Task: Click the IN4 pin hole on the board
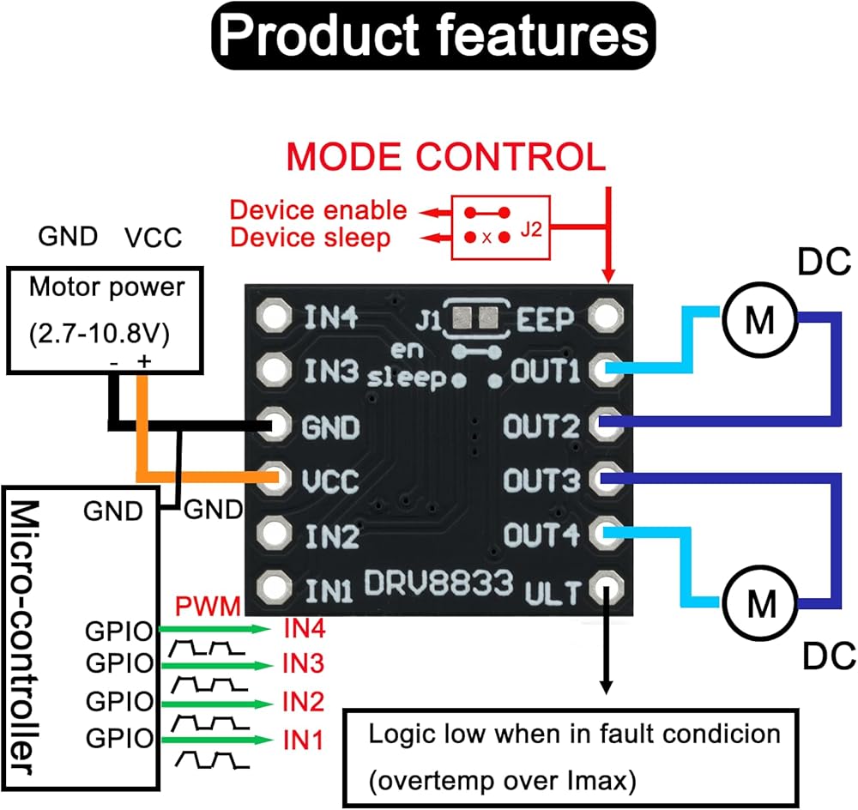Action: point(275,317)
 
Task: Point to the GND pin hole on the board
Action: point(275,426)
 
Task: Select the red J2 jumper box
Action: point(502,224)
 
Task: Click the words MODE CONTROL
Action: point(446,157)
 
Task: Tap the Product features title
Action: point(432,36)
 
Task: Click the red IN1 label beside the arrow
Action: point(303,738)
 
